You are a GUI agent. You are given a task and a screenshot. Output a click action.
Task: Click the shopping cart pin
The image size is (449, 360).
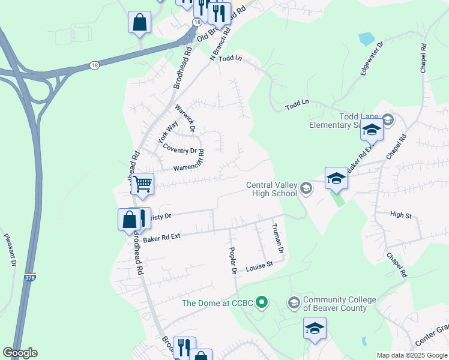click(142, 184)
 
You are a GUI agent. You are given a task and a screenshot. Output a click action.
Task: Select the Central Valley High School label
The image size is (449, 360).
click(272, 189)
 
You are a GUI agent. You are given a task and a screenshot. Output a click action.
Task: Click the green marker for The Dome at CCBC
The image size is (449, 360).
click(261, 302)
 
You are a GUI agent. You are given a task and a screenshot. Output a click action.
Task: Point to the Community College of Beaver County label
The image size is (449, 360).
click(339, 304)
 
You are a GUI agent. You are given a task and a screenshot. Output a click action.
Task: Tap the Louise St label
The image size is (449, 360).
click(259, 265)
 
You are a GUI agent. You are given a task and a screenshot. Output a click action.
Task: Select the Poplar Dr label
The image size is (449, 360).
click(234, 260)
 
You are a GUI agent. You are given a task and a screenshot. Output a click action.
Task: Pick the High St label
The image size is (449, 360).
click(400, 214)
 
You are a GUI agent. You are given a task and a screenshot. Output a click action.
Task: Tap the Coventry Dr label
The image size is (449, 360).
click(180, 151)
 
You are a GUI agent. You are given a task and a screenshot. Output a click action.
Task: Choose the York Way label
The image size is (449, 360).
click(167, 132)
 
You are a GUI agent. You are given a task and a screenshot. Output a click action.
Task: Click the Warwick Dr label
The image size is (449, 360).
click(186, 118)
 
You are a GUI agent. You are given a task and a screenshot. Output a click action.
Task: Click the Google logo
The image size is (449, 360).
click(20, 353)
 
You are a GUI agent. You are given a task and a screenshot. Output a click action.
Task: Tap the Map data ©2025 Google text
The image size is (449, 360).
click(411, 355)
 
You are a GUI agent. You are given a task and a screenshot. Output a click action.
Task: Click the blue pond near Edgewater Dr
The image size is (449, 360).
click(366, 39)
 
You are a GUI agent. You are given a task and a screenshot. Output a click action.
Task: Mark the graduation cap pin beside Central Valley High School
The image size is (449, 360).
click(336, 179)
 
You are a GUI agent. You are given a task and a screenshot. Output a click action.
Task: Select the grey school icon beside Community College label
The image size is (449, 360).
click(294, 301)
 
